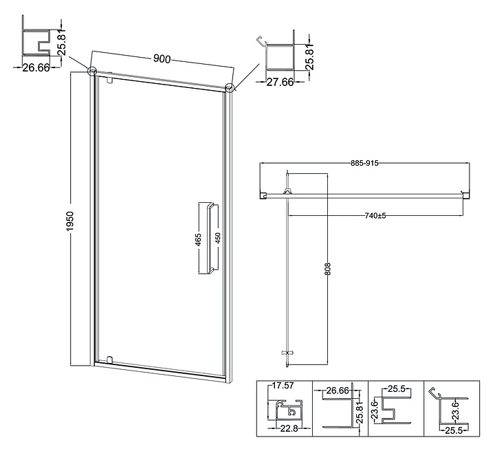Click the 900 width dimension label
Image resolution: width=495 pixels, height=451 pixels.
coord(162,59)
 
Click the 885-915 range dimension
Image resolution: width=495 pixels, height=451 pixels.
coord(364,163)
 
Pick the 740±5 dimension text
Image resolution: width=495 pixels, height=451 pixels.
coord(375,216)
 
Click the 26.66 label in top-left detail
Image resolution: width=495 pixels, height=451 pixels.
coord(35,67)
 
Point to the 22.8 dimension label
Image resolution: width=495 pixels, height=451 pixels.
coord(288,428)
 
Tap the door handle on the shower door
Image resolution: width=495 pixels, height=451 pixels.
coord(207,238)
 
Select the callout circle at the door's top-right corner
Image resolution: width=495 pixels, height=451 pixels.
coord(230,87)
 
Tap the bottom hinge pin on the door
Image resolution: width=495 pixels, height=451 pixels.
coord(109,358)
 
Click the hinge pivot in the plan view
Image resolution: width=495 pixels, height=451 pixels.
coord(287,192)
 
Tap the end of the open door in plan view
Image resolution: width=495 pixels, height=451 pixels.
coord(287,353)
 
